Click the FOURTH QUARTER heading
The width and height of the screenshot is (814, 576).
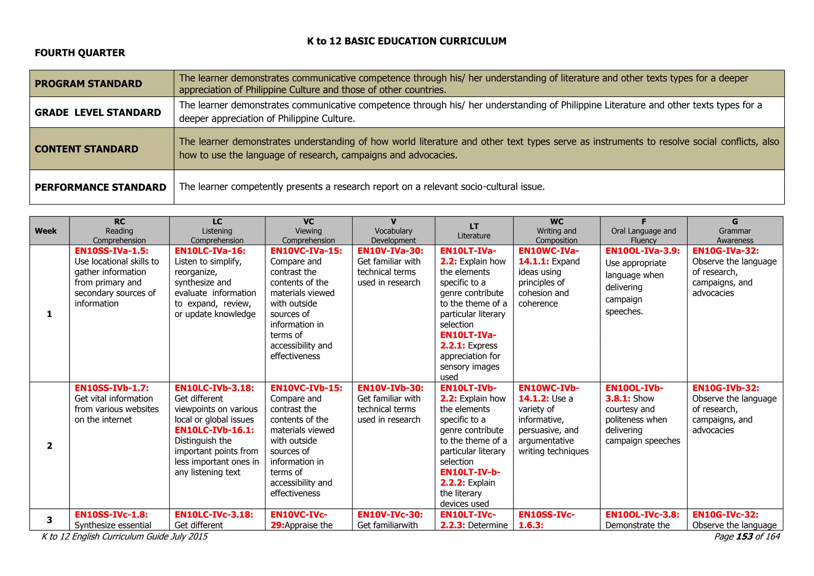coord(79,53)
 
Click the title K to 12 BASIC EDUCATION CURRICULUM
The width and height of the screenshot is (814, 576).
coord(407,41)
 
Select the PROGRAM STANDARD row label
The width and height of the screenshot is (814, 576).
coord(88,84)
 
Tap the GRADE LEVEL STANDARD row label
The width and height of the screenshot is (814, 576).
coord(98,113)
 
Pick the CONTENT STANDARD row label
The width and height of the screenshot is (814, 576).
coord(87,149)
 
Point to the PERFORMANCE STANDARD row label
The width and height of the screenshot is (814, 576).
coord(101,187)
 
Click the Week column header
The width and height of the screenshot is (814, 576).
coord(46,231)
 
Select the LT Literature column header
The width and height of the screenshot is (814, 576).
coord(474,231)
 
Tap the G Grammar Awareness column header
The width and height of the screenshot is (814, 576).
coord(735,231)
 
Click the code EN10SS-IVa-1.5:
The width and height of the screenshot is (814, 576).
coord(112,251)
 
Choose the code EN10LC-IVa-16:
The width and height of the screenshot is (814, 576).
coord(210,251)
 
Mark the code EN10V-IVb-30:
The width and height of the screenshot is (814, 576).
coord(390,388)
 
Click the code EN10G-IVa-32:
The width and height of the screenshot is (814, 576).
coord(725,251)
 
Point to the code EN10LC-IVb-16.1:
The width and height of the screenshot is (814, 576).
coord(214,430)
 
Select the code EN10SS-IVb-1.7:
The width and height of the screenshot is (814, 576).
coord(112,388)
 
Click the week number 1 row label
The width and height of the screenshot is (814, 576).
coord(49,314)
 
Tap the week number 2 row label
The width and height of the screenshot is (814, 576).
coord(49,446)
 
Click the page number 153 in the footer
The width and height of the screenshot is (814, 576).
coord(744,537)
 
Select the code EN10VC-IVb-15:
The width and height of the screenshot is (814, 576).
coord(306,388)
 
